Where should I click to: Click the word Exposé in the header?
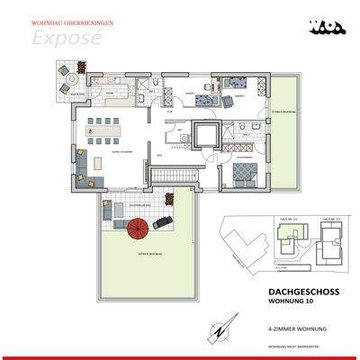[x=58, y=38]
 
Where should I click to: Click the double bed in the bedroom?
[x=239, y=176]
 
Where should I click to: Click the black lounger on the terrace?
[x=164, y=221]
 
